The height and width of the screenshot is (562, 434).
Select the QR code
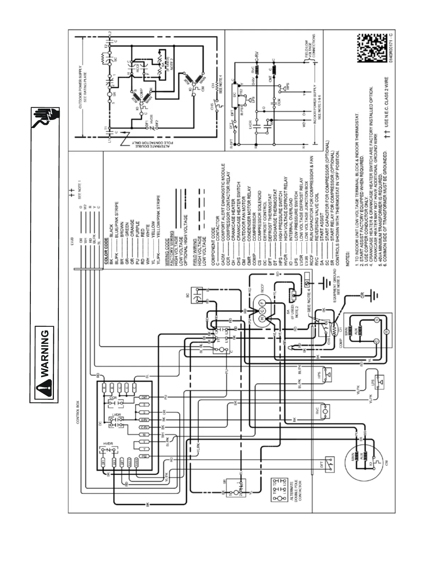pyautogui.click(x=372, y=48)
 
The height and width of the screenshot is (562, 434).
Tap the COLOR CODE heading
pyautogui.click(x=106, y=254)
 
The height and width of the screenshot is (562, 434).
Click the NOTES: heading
pyautogui.click(x=348, y=257)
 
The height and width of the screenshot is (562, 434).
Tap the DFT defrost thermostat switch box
pyautogui.click(x=329, y=464)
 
